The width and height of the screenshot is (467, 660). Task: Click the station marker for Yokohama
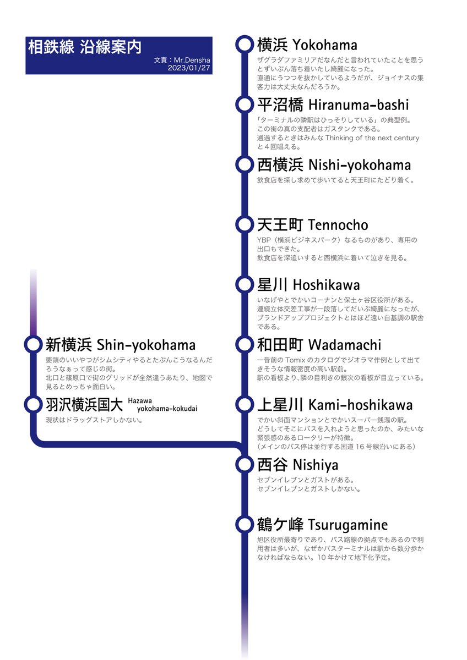coord(243,45)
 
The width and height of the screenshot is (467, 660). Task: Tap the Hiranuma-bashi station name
coord(333,105)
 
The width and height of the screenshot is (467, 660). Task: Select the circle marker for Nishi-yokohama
coord(243,164)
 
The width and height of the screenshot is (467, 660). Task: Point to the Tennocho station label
coord(312,225)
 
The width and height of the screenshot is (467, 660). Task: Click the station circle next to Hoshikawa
coord(243,285)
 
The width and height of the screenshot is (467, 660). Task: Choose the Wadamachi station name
coord(319,345)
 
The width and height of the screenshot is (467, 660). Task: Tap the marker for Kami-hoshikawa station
coord(243,405)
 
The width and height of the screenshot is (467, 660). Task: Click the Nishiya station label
coord(297,465)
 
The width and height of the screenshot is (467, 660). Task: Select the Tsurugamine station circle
coord(243,525)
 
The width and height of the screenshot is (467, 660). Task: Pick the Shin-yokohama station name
coord(120,345)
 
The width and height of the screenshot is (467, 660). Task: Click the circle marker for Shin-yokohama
coord(33,345)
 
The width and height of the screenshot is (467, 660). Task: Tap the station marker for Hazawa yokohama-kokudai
coord(33,405)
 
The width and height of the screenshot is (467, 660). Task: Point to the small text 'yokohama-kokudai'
coord(167,409)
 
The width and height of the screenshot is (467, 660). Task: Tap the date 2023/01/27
coord(190,69)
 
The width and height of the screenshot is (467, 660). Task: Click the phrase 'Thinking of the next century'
coord(370,138)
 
